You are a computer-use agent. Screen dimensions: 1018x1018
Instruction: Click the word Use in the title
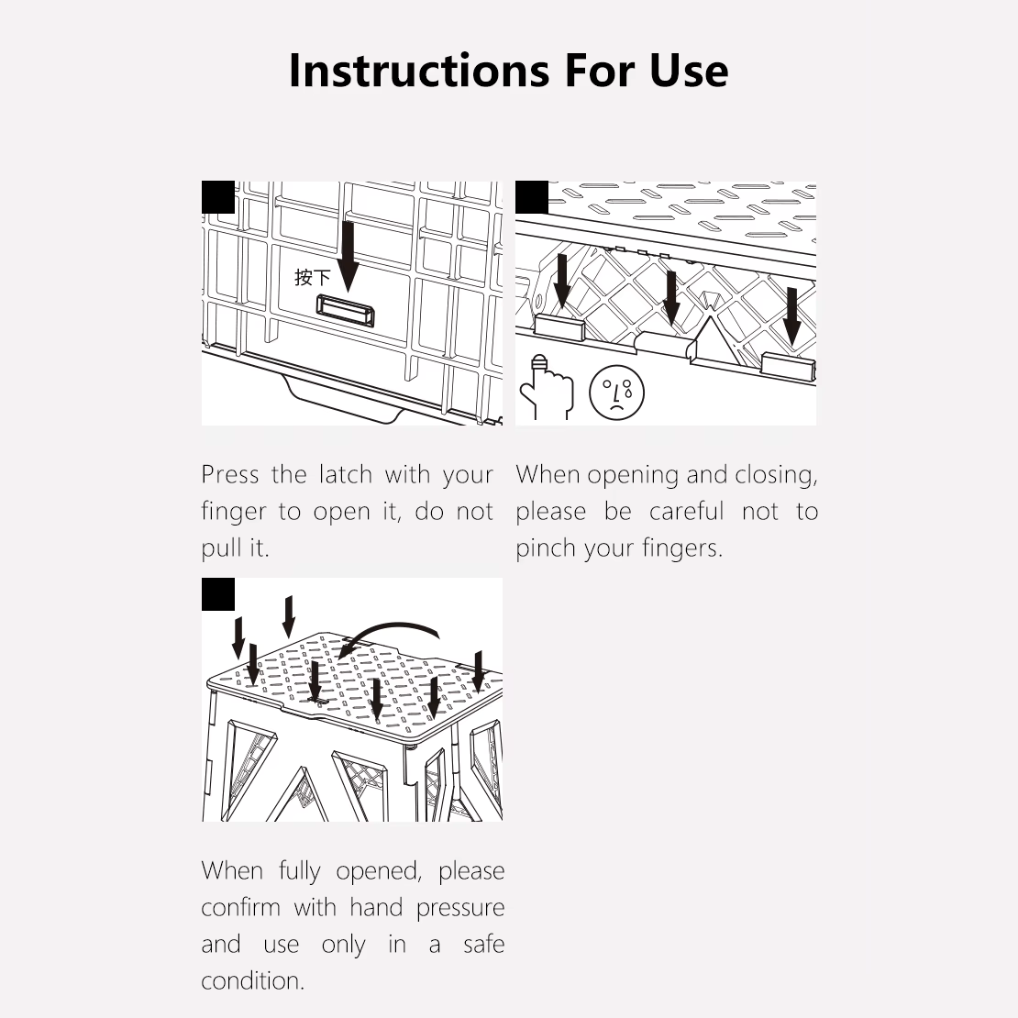tap(689, 70)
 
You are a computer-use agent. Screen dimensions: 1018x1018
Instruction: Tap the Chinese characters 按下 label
tap(313, 278)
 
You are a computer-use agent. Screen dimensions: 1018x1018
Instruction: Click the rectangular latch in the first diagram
tap(346, 310)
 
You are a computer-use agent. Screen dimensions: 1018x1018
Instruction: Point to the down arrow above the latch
tap(349, 257)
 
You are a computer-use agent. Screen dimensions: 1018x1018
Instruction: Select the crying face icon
tap(617, 393)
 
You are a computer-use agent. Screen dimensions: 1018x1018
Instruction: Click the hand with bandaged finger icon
tap(547, 388)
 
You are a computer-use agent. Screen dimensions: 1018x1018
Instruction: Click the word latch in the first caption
tap(345, 474)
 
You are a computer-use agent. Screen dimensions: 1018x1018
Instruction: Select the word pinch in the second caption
tap(545, 548)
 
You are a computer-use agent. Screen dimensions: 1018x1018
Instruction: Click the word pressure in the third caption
tap(460, 908)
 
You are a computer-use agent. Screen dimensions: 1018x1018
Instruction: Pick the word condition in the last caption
tap(252, 980)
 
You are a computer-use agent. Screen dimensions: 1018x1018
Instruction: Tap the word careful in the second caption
tap(686, 512)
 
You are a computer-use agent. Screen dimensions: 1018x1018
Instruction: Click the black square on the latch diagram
tap(218, 197)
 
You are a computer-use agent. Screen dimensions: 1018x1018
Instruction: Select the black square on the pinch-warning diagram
tap(532, 197)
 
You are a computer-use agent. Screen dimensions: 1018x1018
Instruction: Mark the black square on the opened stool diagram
tap(218, 594)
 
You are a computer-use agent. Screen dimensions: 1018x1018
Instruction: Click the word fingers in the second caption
tap(682, 548)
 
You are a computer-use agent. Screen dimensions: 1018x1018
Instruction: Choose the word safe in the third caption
tap(483, 944)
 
